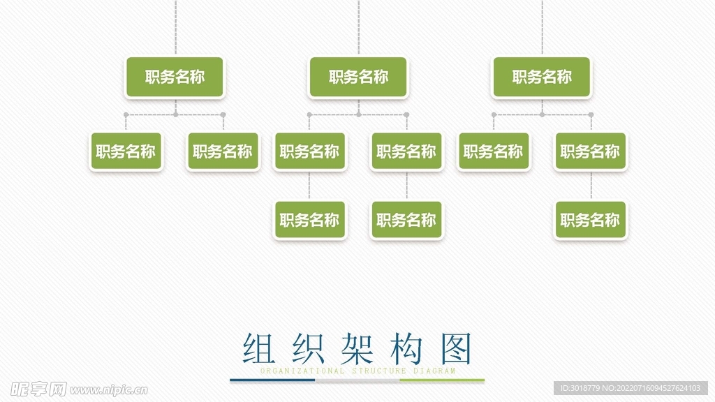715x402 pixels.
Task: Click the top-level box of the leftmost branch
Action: pyautogui.click(x=175, y=77)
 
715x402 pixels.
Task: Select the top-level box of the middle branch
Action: pyautogui.click(x=358, y=77)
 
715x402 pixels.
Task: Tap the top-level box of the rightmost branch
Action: pyautogui.click(x=542, y=77)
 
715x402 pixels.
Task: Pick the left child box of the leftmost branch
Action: pyautogui.click(x=126, y=151)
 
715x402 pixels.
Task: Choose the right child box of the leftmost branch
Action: pyautogui.click(x=223, y=151)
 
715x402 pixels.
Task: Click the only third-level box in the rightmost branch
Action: pyautogui.click(x=591, y=221)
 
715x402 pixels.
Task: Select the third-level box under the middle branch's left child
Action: pyautogui.click(x=309, y=221)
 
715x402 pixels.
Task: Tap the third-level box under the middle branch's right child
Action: pyautogui.click(x=406, y=221)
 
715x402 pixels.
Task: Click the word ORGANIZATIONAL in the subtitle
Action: pyautogui.click(x=302, y=371)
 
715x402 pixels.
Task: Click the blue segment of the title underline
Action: pyautogui.click(x=272, y=381)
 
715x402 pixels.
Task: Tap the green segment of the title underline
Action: pyautogui.click(x=442, y=381)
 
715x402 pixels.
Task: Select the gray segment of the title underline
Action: pyautogui.click(x=357, y=381)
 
